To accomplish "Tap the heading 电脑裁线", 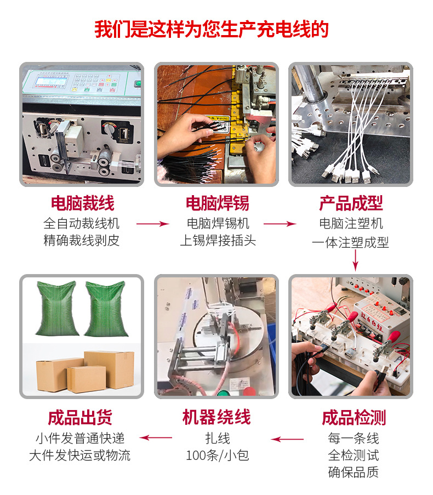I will pyautogui.click(x=82, y=203).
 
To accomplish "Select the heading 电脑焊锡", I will pyautogui.click(x=217, y=203).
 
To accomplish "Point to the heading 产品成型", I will pyautogui.click(x=351, y=203).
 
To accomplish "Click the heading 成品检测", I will pyautogui.click(x=354, y=418).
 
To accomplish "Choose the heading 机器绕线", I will pyautogui.click(x=216, y=418).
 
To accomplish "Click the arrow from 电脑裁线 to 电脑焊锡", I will pyautogui.click(x=152, y=224).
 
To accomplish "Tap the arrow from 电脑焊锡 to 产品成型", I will pyautogui.click(x=280, y=224).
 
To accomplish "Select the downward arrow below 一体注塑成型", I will pyautogui.click(x=355, y=260).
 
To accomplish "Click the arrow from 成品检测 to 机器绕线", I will pyautogui.click(x=288, y=439).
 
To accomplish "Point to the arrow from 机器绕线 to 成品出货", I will pyautogui.click(x=156, y=437).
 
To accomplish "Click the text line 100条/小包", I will pyautogui.click(x=217, y=456).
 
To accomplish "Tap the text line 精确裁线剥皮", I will pyautogui.click(x=82, y=241).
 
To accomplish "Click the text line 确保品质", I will pyautogui.click(x=354, y=472).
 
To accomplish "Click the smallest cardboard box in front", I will pyautogui.click(x=86, y=379).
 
